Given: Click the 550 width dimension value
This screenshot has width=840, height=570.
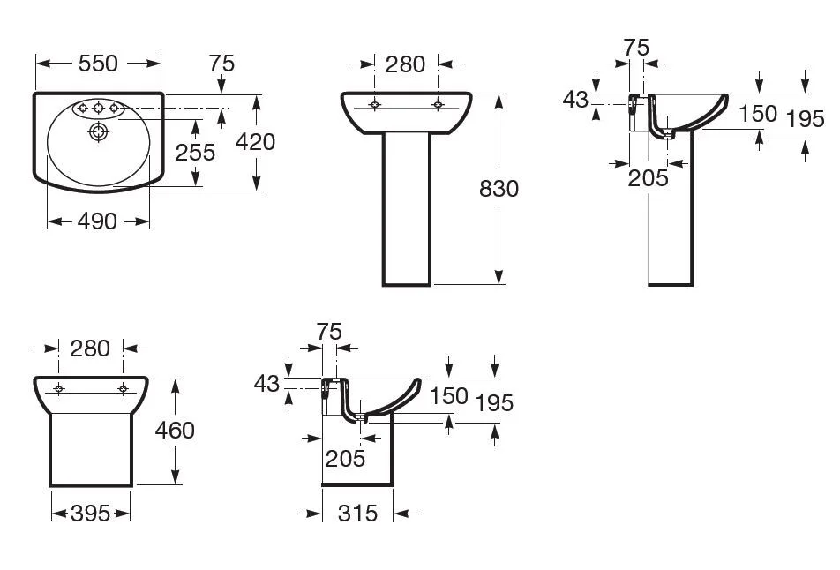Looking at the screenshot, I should tap(98, 63).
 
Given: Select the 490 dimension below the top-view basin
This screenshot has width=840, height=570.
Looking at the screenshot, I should tap(98, 221).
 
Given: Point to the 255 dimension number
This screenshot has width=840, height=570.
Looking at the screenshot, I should tap(195, 152).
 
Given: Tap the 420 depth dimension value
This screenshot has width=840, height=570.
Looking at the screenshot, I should tap(256, 140).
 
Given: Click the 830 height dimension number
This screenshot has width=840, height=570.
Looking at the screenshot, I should tap(499, 188).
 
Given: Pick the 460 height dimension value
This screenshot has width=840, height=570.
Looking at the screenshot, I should tap(175, 430).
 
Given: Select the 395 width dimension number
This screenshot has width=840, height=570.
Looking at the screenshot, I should tap(90, 513).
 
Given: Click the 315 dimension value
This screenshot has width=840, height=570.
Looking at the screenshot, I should tap(357, 513).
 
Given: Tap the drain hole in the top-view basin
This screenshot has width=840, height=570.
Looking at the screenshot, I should tap(98, 132).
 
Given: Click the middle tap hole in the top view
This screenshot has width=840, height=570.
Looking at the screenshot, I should tap(99, 109).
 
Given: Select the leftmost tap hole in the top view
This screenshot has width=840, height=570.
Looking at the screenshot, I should tap(83, 109).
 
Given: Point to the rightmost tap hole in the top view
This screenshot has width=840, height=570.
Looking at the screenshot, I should tap(115, 109).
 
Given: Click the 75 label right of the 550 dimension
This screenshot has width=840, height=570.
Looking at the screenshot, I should tap(221, 63).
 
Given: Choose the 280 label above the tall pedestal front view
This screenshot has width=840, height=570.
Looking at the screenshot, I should tap(406, 64).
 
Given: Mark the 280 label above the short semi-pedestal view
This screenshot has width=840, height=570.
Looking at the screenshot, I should tap(91, 348).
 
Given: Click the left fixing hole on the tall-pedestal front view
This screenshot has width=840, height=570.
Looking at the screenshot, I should tap(375, 105).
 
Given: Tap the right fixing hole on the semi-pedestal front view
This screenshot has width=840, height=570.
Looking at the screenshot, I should tap(123, 389).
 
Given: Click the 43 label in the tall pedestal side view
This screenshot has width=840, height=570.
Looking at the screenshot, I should tap(575, 100).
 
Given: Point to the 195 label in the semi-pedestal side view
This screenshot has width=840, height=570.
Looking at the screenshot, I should tap(494, 402).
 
